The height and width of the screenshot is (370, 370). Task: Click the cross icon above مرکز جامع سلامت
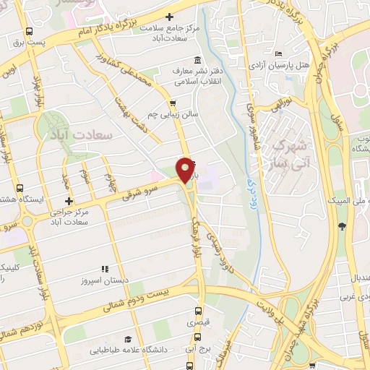coord(170,17)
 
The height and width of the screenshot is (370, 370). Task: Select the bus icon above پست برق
coord(28,32)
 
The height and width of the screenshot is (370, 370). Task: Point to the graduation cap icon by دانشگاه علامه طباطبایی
coord(128,339)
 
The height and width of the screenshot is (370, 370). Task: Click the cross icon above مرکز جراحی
coord(69,202)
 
